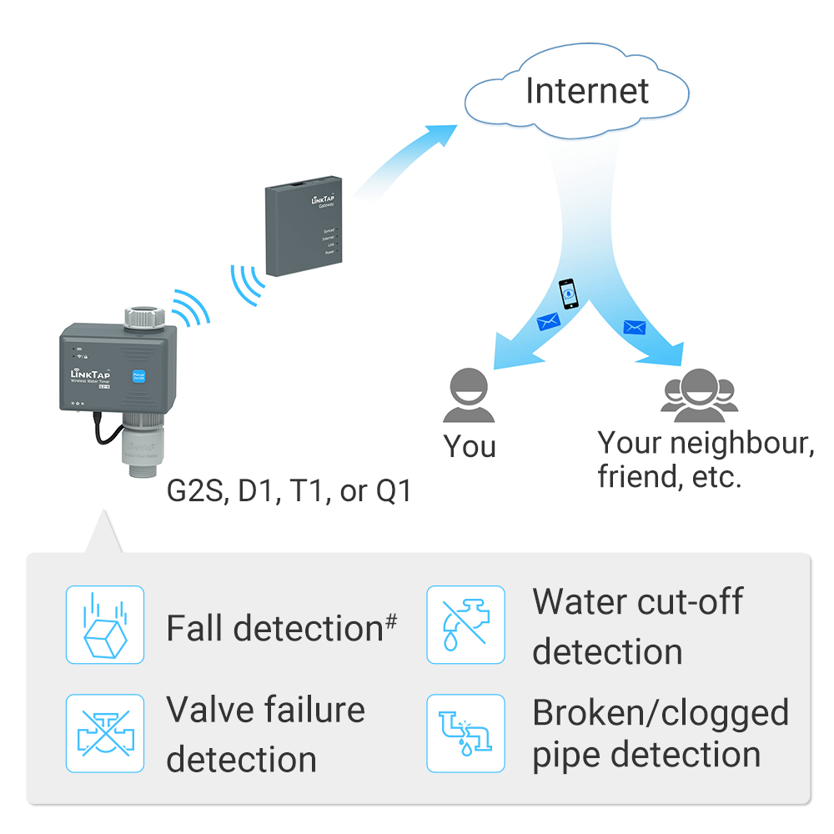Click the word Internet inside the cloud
[x=586, y=91]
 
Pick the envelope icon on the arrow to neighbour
[x=634, y=327]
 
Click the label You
[x=470, y=446]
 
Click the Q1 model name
[x=394, y=491]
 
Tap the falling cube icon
[x=105, y=625]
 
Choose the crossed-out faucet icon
[x=465, y=625]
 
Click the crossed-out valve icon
[x=105, y=733]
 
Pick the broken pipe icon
[x=465, y=733]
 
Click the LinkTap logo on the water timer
[x=91, y=371]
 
